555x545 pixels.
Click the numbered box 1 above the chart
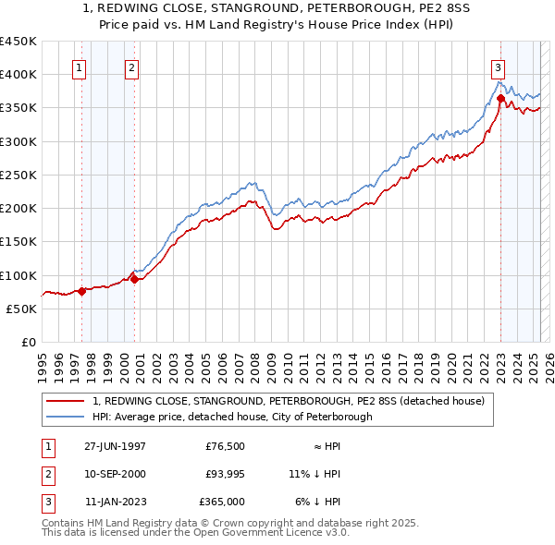(x=79, y=67)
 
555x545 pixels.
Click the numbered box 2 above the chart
(x=132, y=67)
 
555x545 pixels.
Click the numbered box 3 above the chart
(x=499, y=67)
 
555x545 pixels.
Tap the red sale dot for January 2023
(x=500, y=98)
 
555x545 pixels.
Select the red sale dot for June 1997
(x=81, y=291)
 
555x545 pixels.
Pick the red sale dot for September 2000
(x=134, y=279)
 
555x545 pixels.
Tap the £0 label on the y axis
(x=30, y=342)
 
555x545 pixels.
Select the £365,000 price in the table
(x=223, y=502)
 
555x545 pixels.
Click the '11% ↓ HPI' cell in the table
(x=314, y=474)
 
